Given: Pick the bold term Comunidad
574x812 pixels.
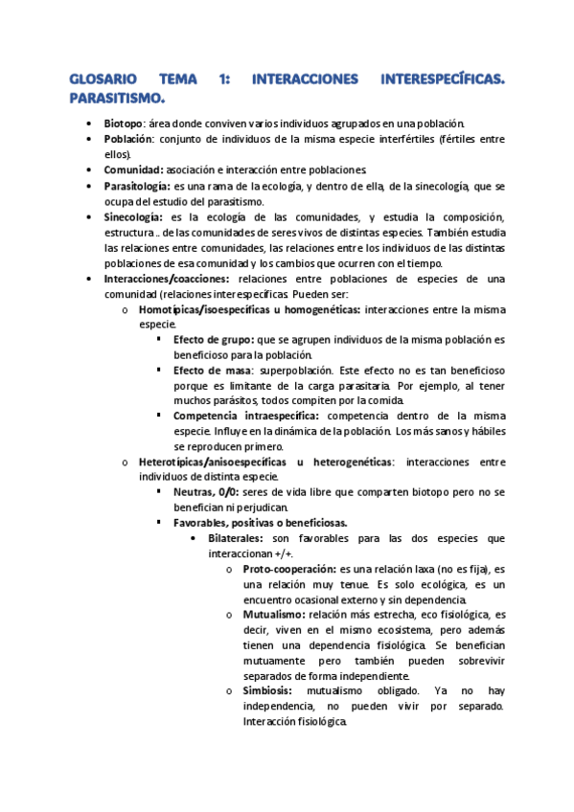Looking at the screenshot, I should (x=133, y=169).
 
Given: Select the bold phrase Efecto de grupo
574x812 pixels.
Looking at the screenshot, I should (x=214, y=340).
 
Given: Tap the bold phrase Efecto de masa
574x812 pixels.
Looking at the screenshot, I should (x=213, y=370).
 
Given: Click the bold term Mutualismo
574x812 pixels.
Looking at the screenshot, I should (x=274, y=614).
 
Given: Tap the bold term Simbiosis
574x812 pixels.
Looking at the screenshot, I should (x=268, y=690).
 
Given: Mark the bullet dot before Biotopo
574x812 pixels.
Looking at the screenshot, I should (x=88, y=124).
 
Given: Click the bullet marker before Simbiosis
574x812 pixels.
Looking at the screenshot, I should (x=230, y=691).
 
